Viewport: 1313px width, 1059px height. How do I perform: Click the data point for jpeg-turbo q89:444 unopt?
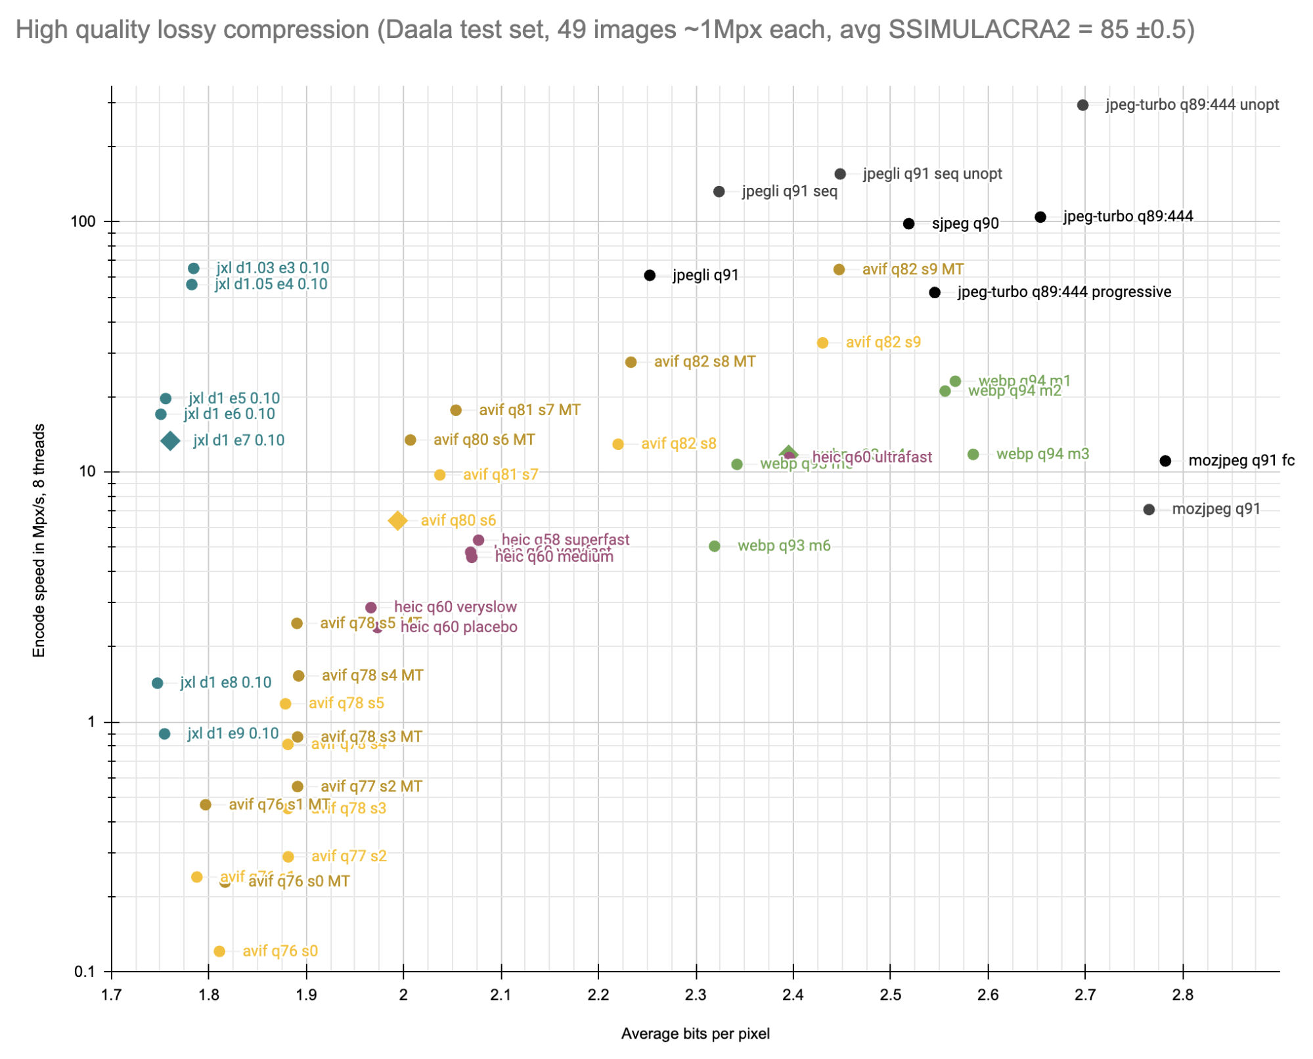point(1083,105)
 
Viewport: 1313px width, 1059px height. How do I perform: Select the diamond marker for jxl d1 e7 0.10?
point(171,441)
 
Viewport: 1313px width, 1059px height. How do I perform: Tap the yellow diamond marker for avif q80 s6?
point(397,521)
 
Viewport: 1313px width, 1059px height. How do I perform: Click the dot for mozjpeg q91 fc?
point(1165,461)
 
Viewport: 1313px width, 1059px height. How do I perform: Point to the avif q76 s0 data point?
point(219,951)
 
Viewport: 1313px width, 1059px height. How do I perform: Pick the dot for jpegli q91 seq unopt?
point(840,174)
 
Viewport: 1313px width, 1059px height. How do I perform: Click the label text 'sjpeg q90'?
point(965,224)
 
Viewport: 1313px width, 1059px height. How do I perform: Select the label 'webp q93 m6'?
point(784,546)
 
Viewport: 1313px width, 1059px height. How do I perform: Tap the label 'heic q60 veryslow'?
point(455,607)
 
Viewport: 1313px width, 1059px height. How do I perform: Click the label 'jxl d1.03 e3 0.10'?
point(273,268)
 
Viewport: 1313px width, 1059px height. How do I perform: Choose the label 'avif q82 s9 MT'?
point(912,269)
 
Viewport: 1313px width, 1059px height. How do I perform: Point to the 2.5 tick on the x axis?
point(891,995)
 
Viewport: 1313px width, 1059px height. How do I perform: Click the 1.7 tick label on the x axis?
point(112,995)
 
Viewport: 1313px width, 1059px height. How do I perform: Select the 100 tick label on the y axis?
point(83,222)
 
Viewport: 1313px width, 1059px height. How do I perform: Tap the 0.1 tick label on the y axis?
point(85,972)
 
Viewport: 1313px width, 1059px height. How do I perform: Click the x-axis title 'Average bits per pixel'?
point(695,1034)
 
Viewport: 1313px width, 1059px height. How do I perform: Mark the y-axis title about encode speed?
point(39,540)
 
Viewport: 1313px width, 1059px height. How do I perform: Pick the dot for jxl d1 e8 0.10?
point(158,683)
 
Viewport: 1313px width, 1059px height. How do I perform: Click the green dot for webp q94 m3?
point(973,455)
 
